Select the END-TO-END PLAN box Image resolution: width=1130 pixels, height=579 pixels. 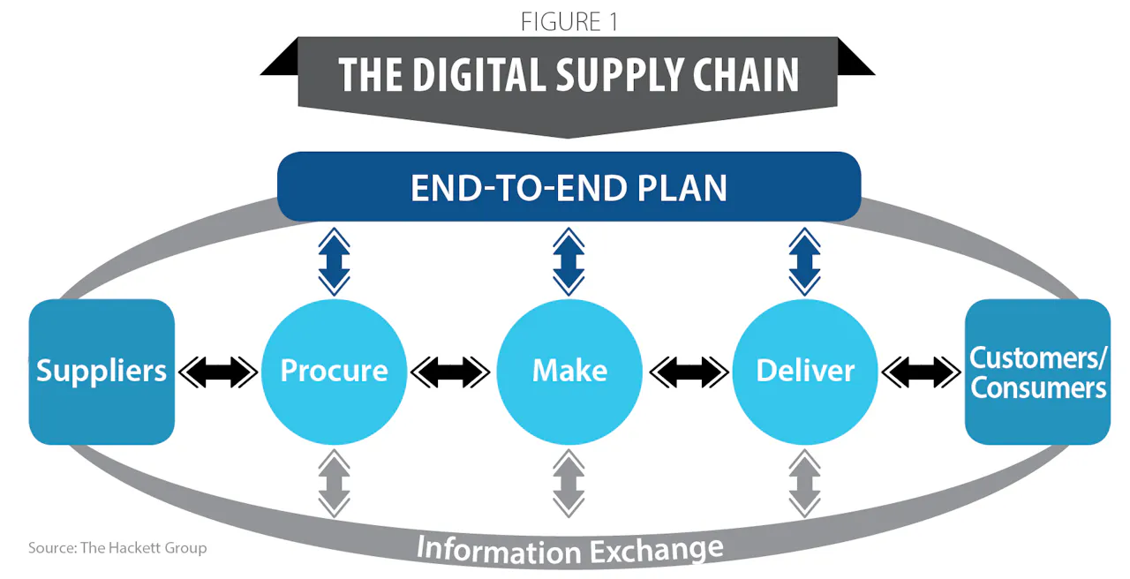point(569,187)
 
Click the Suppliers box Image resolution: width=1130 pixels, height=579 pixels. point(102,372)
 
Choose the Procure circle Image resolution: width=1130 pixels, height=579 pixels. point(334,372)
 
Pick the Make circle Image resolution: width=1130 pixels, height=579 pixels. point(569,372)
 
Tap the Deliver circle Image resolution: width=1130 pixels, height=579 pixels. point(805,372)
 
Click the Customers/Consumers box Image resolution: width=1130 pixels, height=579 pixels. point(1037,372)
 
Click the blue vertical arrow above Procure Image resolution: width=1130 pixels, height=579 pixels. point(334,261)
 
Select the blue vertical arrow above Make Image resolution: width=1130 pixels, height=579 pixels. point(569,261)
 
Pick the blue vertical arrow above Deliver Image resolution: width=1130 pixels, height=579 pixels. point(805,261)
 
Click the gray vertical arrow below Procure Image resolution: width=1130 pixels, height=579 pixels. point(334,483)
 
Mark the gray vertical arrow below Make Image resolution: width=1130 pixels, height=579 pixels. point(569,483)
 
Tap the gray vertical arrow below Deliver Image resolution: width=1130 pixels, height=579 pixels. point(805,483)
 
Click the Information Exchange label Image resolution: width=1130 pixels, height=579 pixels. point(569,549)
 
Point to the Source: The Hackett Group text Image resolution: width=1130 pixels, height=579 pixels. point(117,548)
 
